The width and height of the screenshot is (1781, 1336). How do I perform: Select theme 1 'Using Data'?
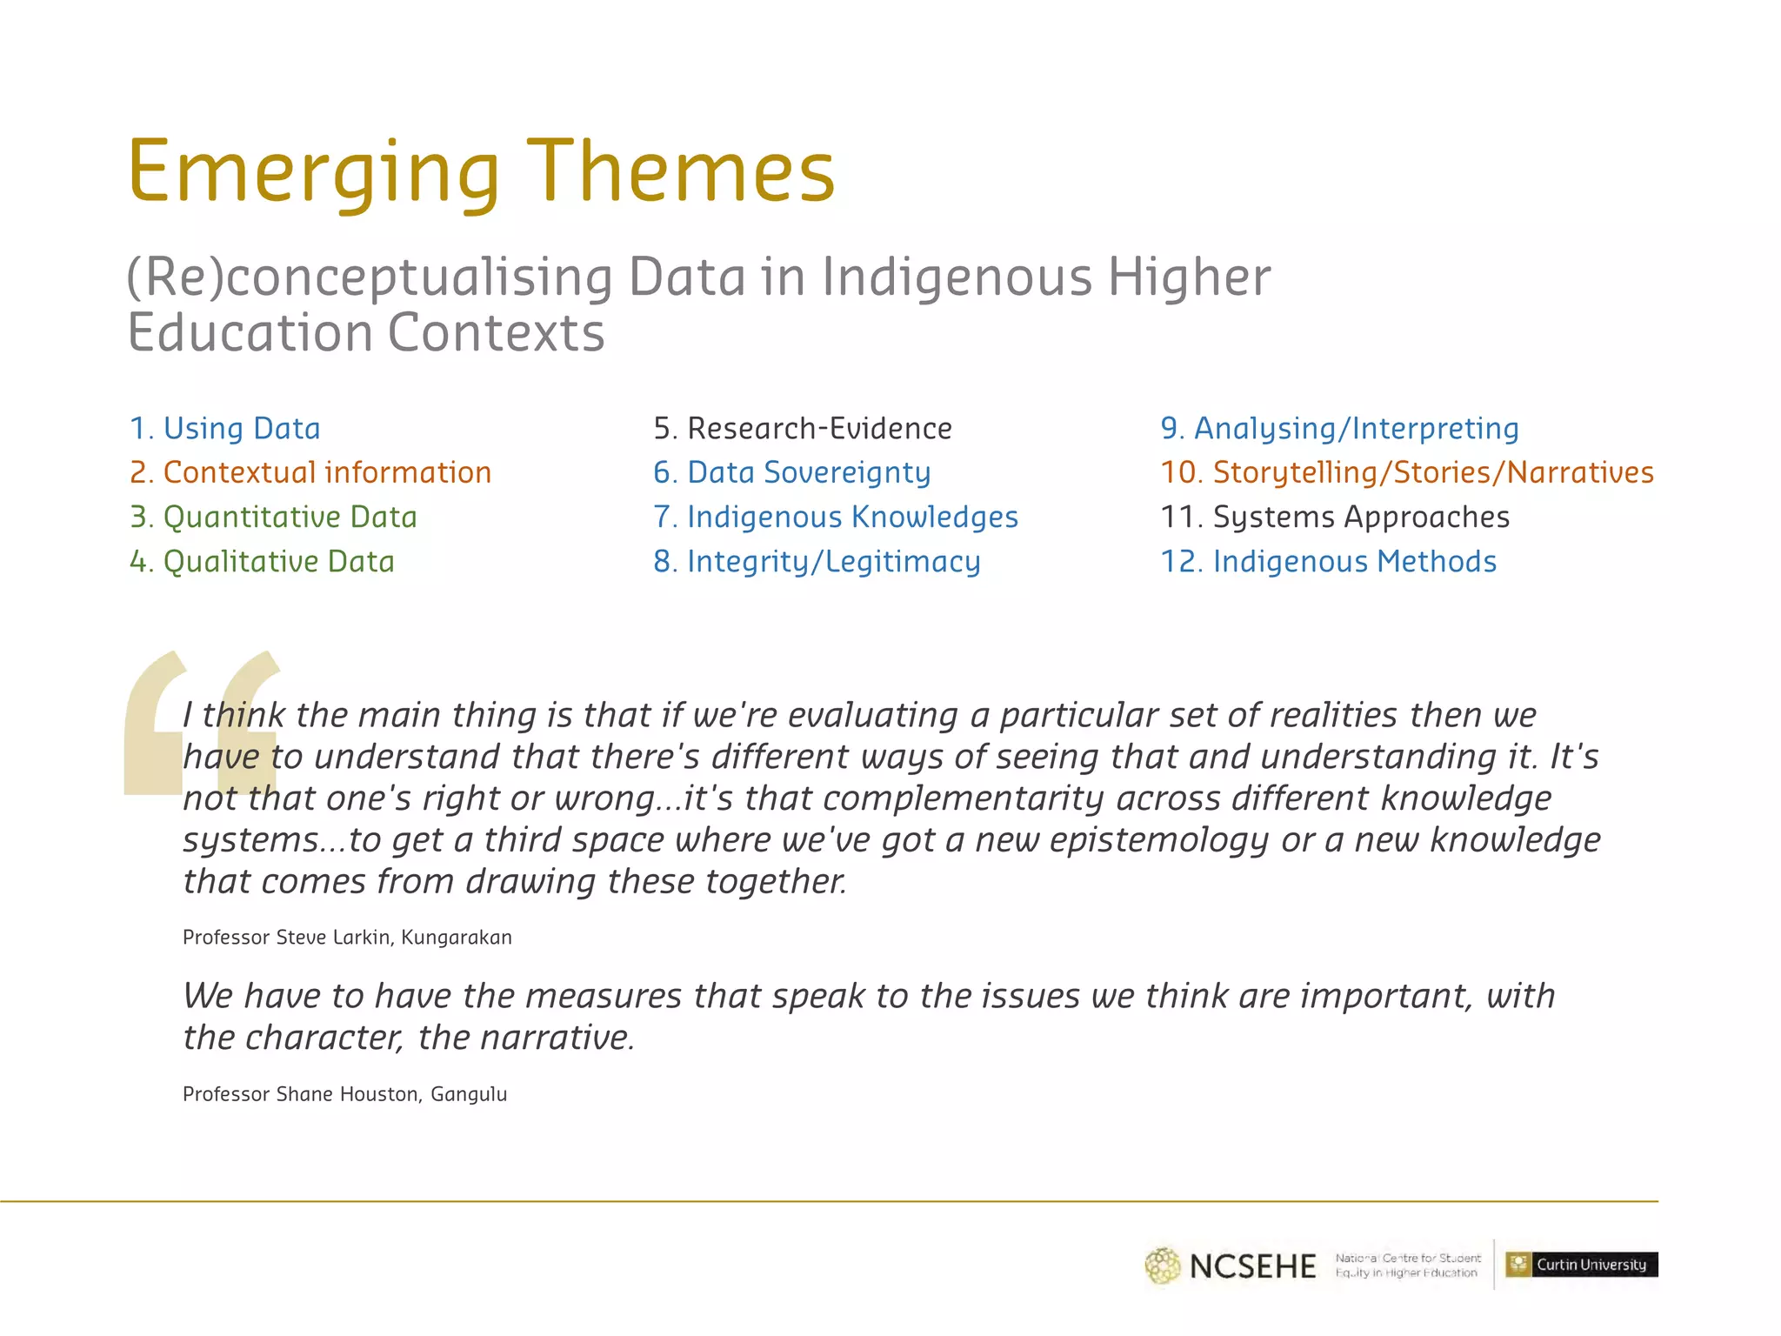click(x=225, y=429)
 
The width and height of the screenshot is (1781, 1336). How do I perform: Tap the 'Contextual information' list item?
click(x=310, y=473)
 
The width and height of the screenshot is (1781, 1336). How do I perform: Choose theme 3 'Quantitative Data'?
click(x=273, y=518)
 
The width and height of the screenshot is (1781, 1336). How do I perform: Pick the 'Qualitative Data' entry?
click(x=262, y=562)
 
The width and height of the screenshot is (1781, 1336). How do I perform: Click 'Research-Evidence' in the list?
click(x=802, y=429)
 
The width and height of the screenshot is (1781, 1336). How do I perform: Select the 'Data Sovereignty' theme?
click(x=791, y=473)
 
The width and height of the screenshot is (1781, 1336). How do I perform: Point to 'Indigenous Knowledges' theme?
click(x=835, y=518)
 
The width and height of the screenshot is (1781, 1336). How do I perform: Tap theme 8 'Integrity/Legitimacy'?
click(x=817, y=562)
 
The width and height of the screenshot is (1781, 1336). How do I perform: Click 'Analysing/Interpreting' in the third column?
click(x=1339, y=429)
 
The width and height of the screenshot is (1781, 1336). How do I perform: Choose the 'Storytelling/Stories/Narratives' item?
click(x=1406, y=473)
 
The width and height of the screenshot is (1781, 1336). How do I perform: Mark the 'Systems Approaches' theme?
click(x=1335, y=518)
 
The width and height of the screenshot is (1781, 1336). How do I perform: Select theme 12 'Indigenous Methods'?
click(x=1328, y=562)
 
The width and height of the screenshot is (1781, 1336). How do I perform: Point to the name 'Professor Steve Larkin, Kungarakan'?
click(x=347, y=938)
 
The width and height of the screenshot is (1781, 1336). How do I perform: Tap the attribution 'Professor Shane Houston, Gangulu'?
click(x=344, y=1094)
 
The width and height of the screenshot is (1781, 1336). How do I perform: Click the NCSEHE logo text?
click(x=1252, y=1266)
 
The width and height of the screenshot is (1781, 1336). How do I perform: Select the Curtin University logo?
click(x=1581, y=1265)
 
